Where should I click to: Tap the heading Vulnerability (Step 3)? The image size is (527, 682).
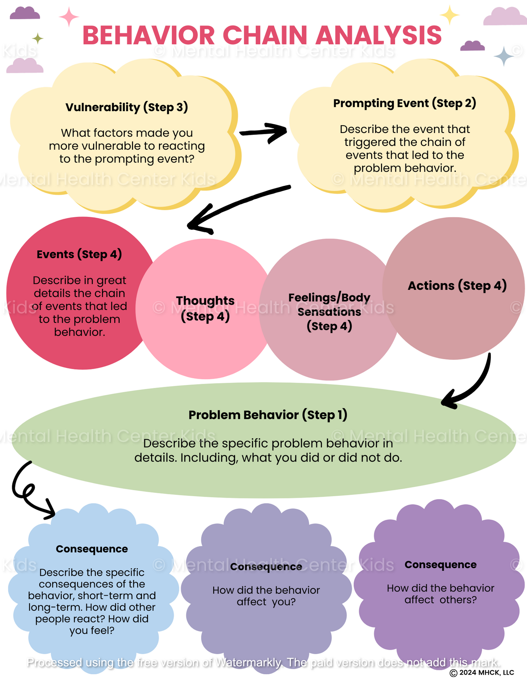(127, 107)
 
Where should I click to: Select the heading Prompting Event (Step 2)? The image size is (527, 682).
(404, 103)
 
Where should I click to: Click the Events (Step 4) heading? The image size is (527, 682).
(79, 254)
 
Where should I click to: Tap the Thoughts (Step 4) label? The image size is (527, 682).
(205, 308)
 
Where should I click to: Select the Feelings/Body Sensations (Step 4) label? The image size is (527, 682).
(329, 311)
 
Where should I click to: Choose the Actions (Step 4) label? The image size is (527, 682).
(457, 286)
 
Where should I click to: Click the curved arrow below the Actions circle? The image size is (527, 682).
(473, 388)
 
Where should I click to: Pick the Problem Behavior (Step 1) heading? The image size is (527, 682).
(268, 415)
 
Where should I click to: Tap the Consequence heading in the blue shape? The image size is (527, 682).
(92, 549)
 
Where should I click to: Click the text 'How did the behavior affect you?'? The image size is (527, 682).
(266, 596)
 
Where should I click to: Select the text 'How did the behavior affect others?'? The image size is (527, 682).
(440, 594)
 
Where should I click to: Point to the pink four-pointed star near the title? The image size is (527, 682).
(69, 17)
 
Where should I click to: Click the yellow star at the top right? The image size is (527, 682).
(449, 15)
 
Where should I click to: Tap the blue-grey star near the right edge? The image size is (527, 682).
(504, 56)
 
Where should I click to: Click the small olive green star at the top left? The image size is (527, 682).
(37, 38)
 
